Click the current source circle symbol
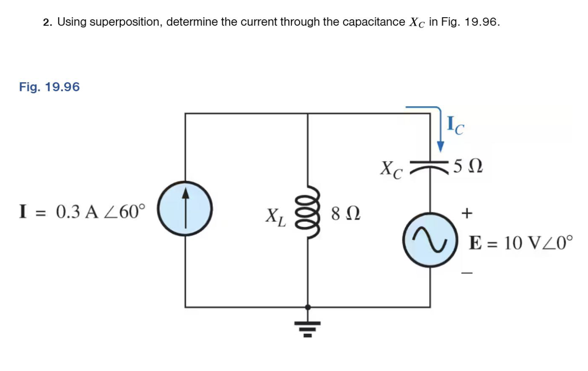click(x=185, y=208)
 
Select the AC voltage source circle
click(x=430, y=240)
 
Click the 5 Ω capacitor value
click(x=468, y=166)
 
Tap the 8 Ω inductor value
click(x=345, y=213)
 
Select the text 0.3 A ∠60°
click(x=101, y=212)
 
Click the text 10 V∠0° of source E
click(x=538, y=243)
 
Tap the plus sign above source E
click(x=466, y=213)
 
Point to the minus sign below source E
click(x=467, y=273)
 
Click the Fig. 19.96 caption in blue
click(x=49, y=87)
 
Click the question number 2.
click(x=47, y=22)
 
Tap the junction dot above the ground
click(x=308, y=307)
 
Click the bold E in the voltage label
click(x=475, y=243)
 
